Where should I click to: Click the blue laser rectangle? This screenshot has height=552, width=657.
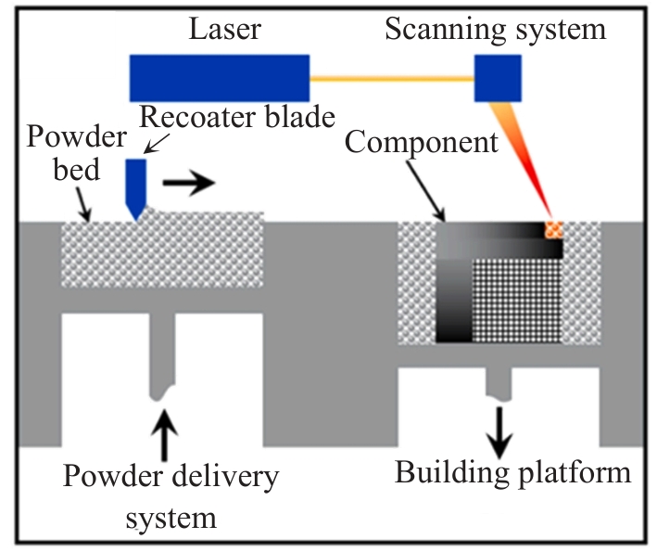click(220, 78)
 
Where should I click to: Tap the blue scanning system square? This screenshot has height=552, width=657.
click(498, 78)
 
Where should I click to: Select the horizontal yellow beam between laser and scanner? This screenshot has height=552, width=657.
click(391, 79)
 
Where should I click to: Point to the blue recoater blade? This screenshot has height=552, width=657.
click(136, 186)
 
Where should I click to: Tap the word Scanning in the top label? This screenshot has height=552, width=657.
click(443, 31)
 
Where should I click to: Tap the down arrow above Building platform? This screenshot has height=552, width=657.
click(500, 431)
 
